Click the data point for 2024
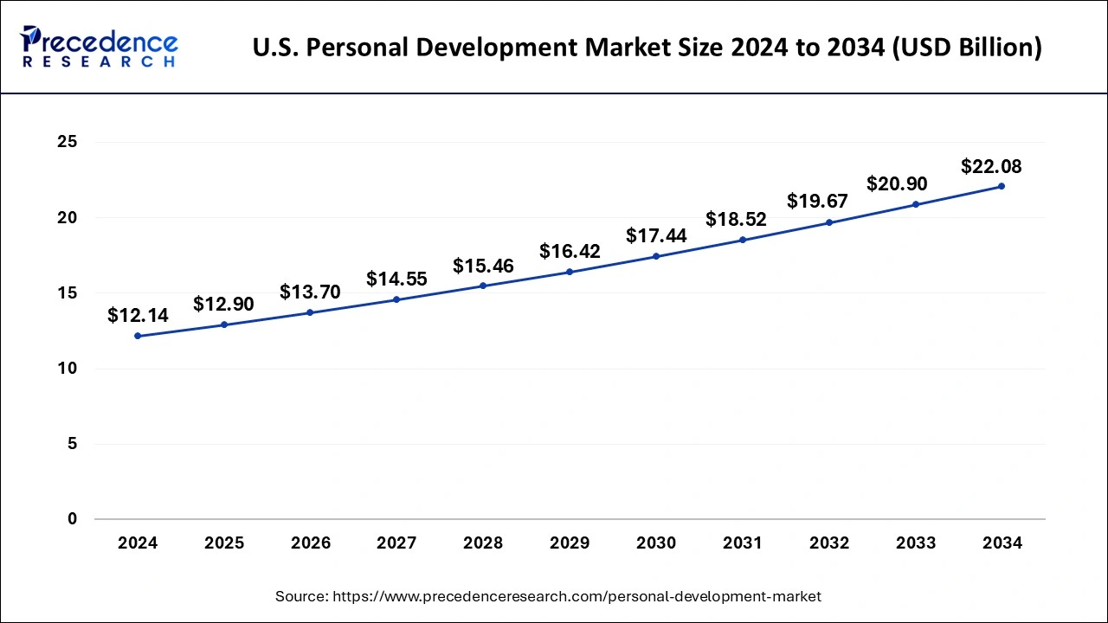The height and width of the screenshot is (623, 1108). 138,336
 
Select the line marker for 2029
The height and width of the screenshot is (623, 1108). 570,272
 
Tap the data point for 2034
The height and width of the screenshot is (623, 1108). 1002,186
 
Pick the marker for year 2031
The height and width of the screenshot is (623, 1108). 743,240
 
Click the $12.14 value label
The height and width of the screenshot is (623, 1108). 138,316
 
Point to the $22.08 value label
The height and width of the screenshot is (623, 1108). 991,166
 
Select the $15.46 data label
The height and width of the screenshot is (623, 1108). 483,266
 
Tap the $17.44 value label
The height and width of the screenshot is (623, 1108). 656,235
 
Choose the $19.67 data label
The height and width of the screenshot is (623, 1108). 817,201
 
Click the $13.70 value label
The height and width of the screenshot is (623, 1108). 310,292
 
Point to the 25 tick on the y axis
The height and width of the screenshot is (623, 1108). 68,142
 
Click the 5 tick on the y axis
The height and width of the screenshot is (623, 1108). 73,444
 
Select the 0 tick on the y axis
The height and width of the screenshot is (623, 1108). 73,519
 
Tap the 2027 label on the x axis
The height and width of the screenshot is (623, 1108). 396,543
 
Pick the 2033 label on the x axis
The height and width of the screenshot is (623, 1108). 915,543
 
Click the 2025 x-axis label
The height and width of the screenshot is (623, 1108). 224,543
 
